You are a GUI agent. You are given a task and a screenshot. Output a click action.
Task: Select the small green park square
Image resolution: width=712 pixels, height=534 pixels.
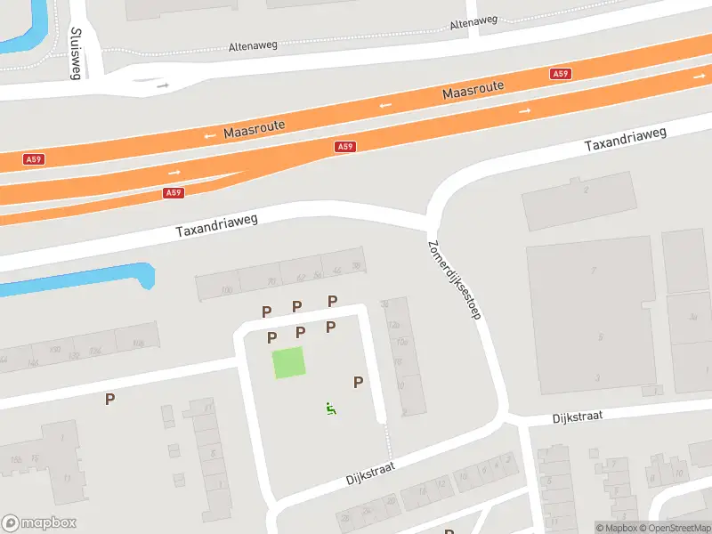tap(287, 363)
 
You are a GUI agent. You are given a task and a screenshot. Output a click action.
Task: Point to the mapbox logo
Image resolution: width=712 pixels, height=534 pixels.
tap(39, 523)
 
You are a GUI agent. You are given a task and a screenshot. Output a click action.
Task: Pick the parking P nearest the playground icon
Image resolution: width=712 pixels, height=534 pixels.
tap(359, 382)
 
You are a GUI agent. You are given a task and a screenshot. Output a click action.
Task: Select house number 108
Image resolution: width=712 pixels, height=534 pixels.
tap(138, 343)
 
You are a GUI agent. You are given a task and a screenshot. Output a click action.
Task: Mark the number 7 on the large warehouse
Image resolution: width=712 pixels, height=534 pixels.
tap(594, 268)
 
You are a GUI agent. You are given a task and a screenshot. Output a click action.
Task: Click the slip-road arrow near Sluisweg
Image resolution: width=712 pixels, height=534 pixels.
tap(163, 85)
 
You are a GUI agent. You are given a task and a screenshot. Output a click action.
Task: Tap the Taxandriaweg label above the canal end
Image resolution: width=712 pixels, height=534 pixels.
tap(216, 225)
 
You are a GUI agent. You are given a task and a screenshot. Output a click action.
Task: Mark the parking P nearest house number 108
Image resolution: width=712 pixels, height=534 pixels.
tap(109, 400)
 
